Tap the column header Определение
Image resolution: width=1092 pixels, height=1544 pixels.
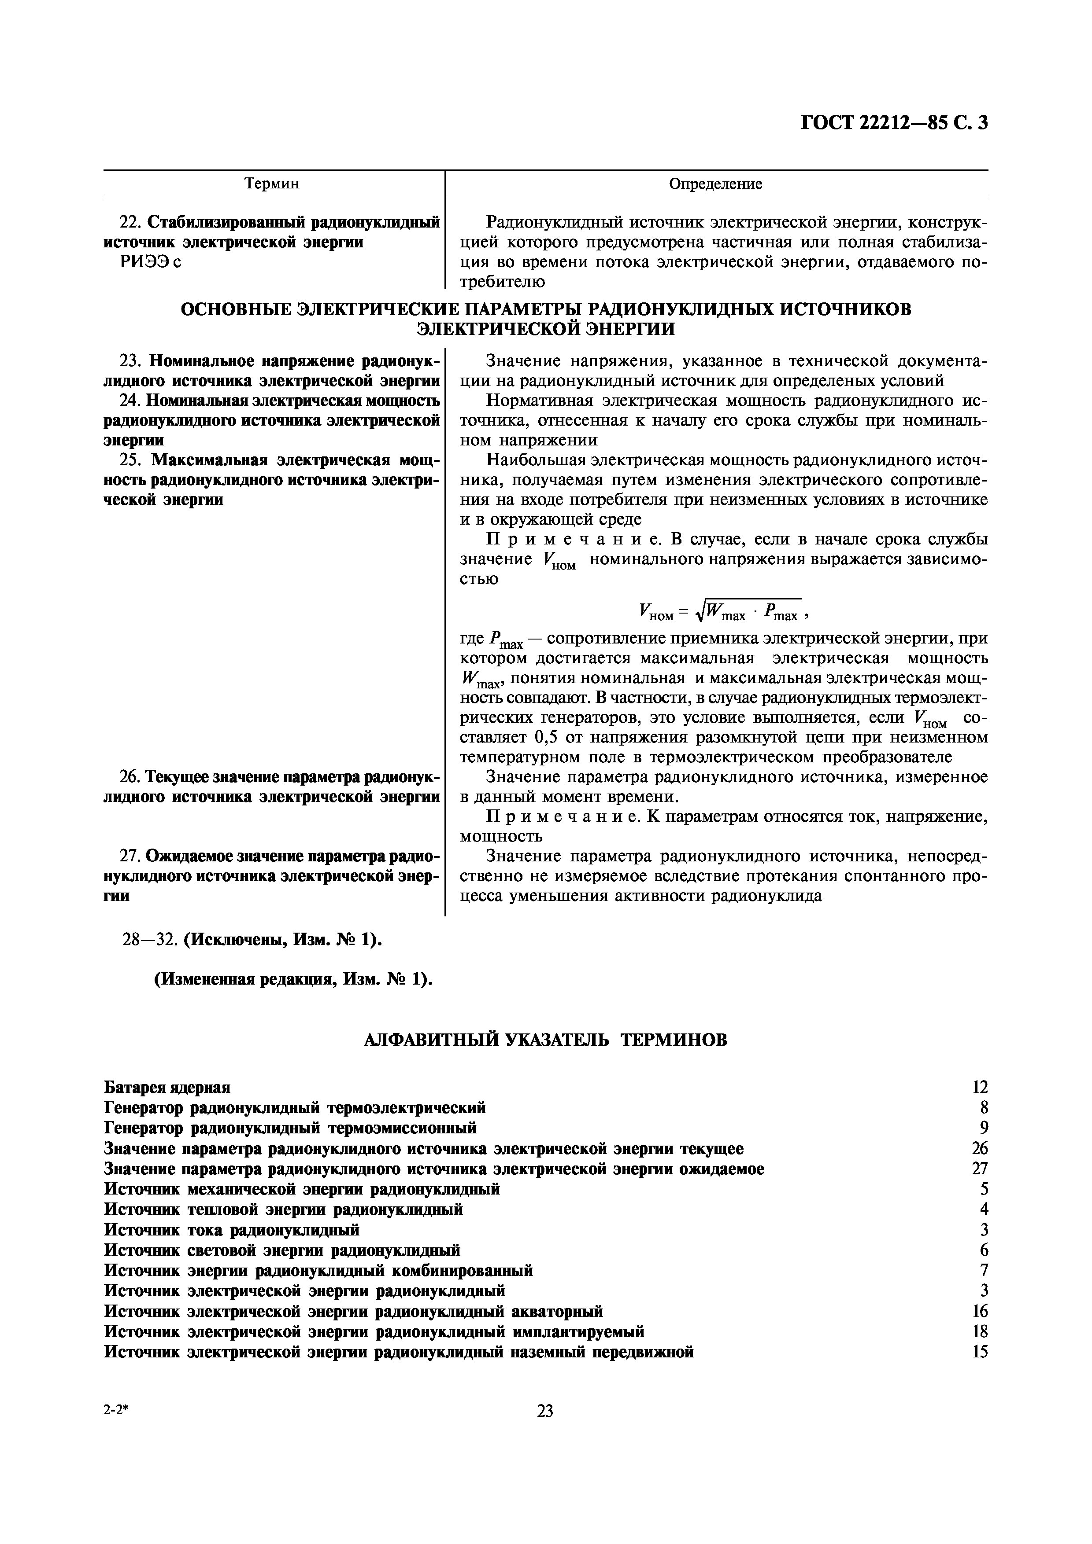click(x=715, y=184)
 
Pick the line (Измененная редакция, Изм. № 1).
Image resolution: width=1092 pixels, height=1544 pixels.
click(x=293, y=979)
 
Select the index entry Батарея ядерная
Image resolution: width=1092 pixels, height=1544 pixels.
click(x=167, y=1088)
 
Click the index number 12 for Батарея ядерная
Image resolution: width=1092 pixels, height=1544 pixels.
click(x=980, y=1088)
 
